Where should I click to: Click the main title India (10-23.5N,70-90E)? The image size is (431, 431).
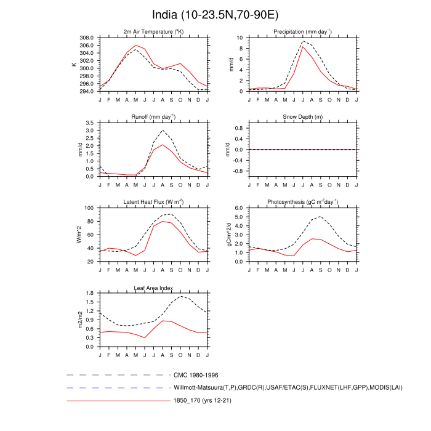pos(216,14)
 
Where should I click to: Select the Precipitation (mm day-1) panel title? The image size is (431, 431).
pos(302,31)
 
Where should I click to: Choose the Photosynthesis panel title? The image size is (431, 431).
pos(302,202)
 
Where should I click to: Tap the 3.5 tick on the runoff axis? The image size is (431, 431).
pos(90,123)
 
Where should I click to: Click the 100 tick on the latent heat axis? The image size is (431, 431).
pos(89,208)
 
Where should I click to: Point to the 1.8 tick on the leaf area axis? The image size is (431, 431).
pos(90,293)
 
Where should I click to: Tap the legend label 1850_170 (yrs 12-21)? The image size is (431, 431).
pos(204,401)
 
